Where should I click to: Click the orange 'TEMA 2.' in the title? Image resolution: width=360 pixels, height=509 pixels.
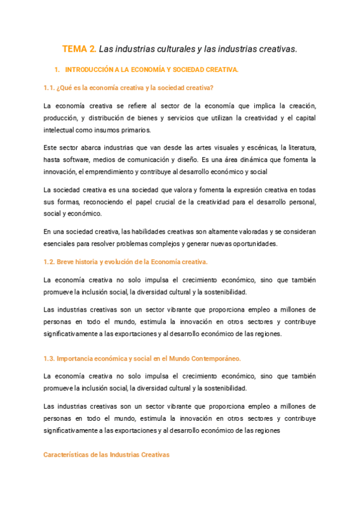click(79, 49)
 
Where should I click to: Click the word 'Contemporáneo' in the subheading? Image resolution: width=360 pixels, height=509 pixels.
click(211, 358)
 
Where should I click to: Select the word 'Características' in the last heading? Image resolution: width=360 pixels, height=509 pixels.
click(65, 455)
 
